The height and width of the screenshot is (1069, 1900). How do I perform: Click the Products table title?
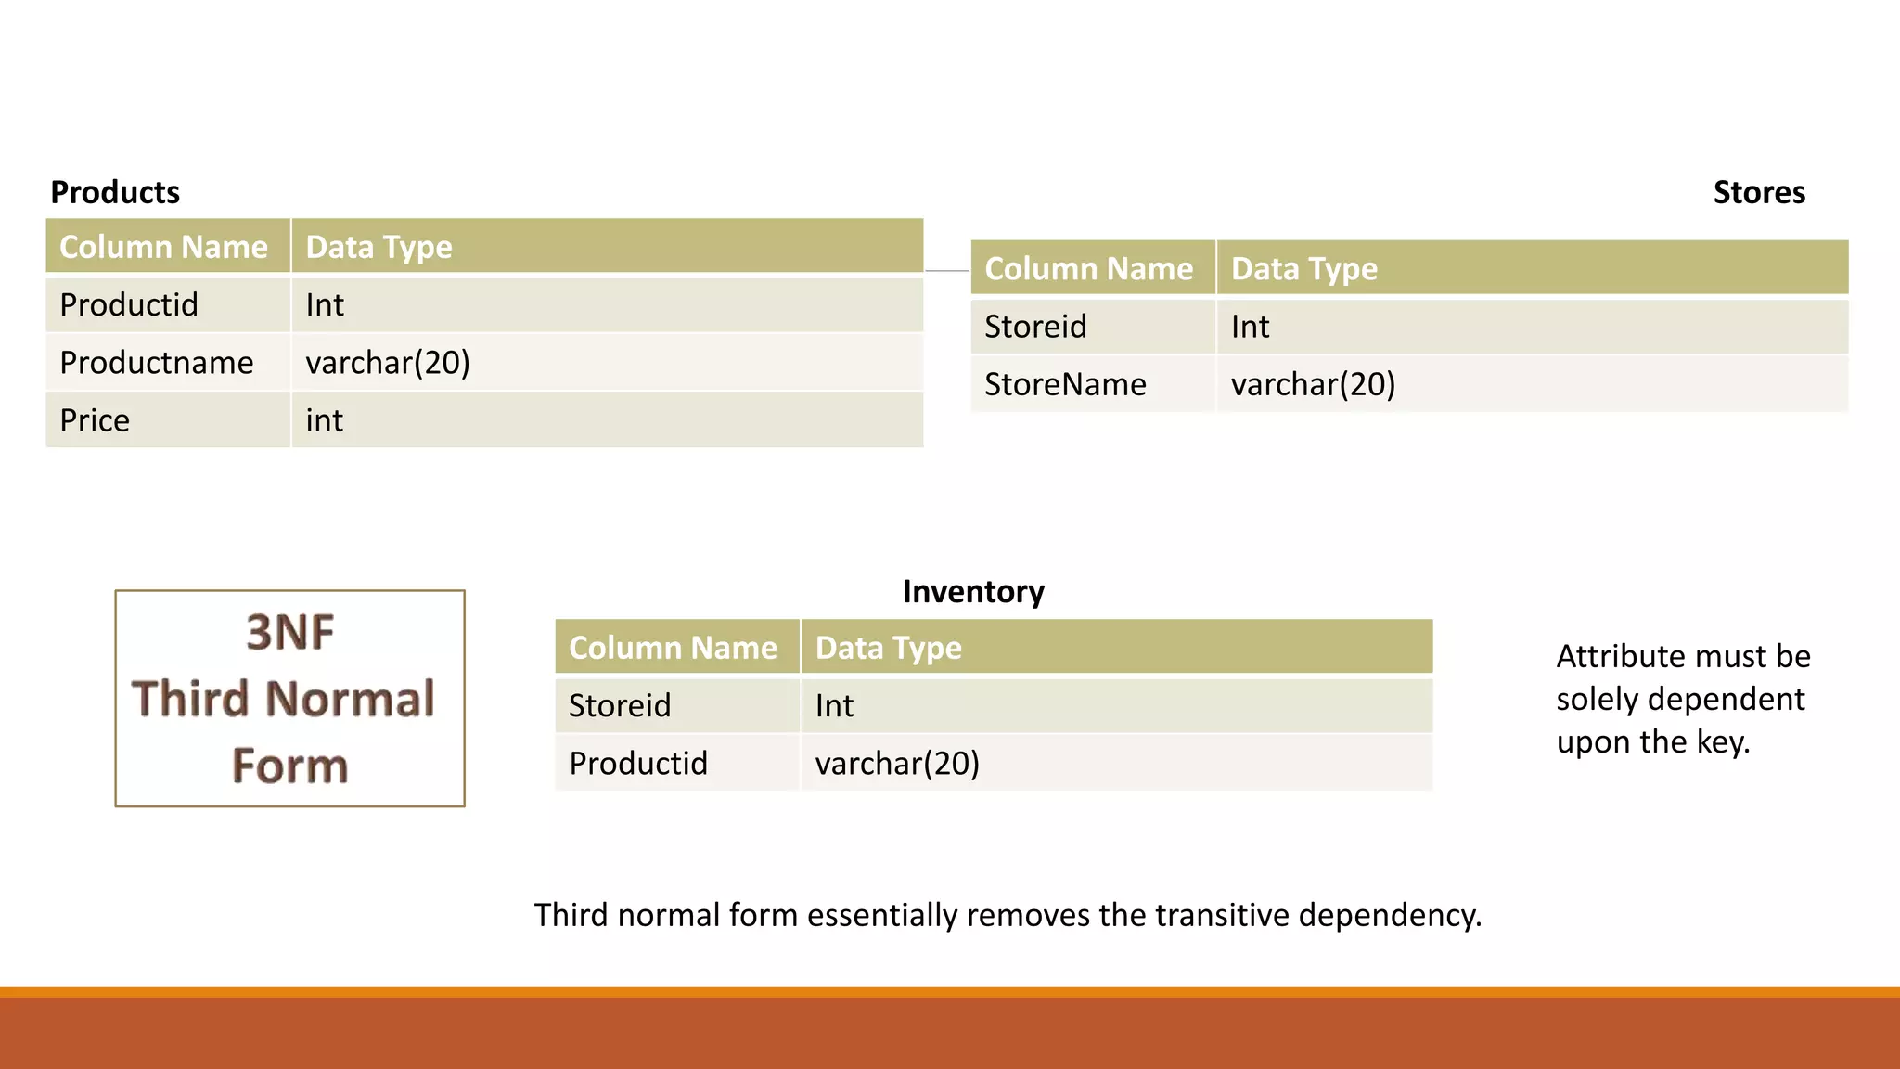(115, 192)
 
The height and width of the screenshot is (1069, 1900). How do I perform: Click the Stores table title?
(1758, 192)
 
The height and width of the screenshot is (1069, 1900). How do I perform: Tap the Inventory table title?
(973, 592)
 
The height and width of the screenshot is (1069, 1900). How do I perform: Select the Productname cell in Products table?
(156, 363)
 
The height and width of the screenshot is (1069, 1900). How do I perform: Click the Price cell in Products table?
(95, 420)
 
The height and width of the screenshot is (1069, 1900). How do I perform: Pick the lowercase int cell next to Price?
(325, 420)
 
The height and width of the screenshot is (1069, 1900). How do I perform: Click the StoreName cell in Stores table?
(1065, 384)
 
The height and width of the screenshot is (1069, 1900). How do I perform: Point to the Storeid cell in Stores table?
(1035, 327)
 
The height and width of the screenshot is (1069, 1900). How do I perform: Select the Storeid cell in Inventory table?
(620, 706)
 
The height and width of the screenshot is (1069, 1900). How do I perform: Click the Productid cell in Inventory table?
(638, 764)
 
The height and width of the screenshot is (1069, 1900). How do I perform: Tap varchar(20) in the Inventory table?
(897, 764)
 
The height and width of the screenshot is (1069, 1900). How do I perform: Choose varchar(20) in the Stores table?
(1313, 384)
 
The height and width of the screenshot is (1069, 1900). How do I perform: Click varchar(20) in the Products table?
(388, 363)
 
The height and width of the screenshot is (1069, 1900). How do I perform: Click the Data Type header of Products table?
(379, 247)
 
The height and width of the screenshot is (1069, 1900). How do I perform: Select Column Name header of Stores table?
(1088, 268)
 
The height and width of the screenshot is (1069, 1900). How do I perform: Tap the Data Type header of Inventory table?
(888, 648)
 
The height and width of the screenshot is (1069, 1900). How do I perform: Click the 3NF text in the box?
(289, 633)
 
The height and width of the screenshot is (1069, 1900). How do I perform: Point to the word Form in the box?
(289, 766)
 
